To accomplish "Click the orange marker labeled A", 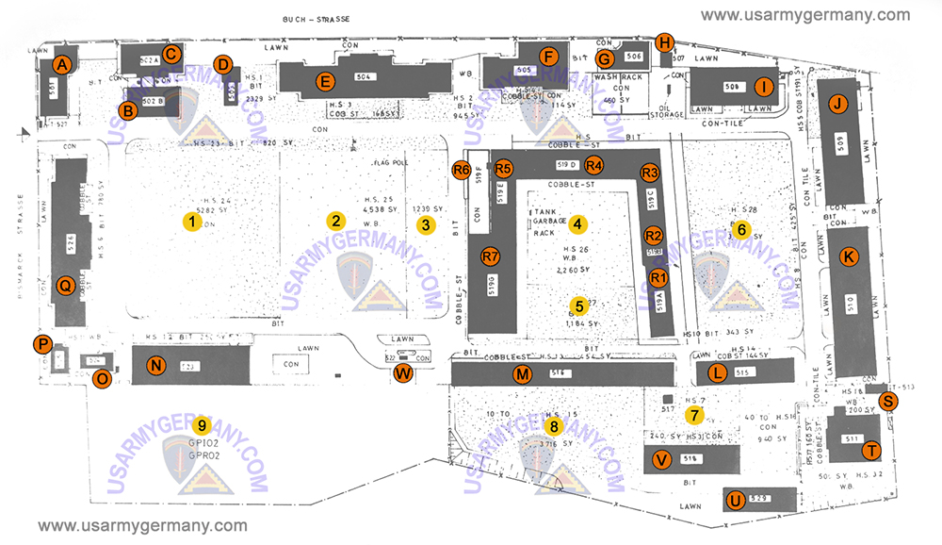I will click(62, 64).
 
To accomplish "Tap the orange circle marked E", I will click(325, 80).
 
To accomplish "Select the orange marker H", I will click(665, 42).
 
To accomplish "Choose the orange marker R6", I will click(462, 170).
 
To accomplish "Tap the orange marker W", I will click(403, 372).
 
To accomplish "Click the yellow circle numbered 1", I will click(191, 223).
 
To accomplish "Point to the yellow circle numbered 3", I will click(427, 224).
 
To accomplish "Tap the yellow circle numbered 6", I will click(741, 228).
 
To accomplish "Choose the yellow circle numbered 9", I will click(201, 423).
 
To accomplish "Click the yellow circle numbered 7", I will click(694, 414).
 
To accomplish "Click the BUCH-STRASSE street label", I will click(313, 19).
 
